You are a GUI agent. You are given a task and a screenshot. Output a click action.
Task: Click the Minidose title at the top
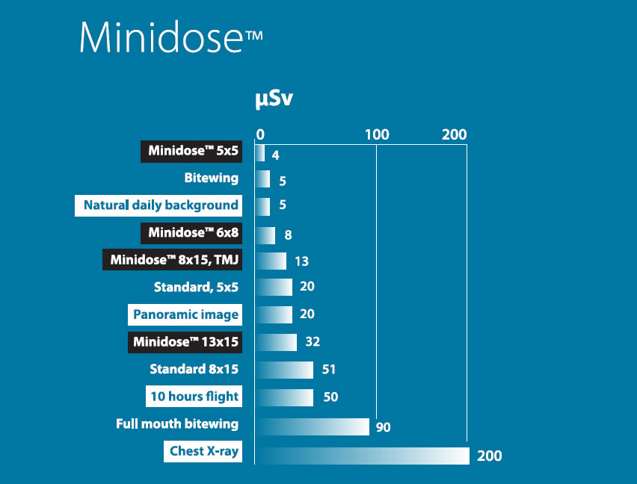(x=170, y=37)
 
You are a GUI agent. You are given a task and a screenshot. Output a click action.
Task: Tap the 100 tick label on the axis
(x=377, y=134)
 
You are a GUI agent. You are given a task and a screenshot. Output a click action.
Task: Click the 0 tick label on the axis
(x=260, y=134)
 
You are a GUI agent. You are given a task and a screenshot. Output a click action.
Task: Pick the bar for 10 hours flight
(x=284, y=397)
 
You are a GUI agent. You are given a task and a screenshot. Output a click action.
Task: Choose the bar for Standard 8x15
(x=284, y=370)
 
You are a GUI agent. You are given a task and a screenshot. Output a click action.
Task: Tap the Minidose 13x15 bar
(x=276, y=342)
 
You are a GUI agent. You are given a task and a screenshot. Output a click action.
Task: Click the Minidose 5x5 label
(x=193, y=151)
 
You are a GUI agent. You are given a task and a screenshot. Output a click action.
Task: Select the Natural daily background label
(x=160, y=205)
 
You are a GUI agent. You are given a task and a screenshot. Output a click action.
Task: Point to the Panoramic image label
(x=185, y=314)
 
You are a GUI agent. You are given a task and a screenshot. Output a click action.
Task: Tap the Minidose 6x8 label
(x=193, y=233)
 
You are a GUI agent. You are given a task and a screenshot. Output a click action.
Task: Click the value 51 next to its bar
(x=328, y=369)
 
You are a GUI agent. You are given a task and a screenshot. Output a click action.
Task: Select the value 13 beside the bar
(x=301, y=261)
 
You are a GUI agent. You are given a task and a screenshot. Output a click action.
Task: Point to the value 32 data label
(x=312, y=342)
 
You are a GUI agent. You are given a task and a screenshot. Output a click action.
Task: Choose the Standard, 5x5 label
(x=197, y=287)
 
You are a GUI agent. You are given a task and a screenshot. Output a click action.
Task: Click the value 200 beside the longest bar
(x=490, y=456)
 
